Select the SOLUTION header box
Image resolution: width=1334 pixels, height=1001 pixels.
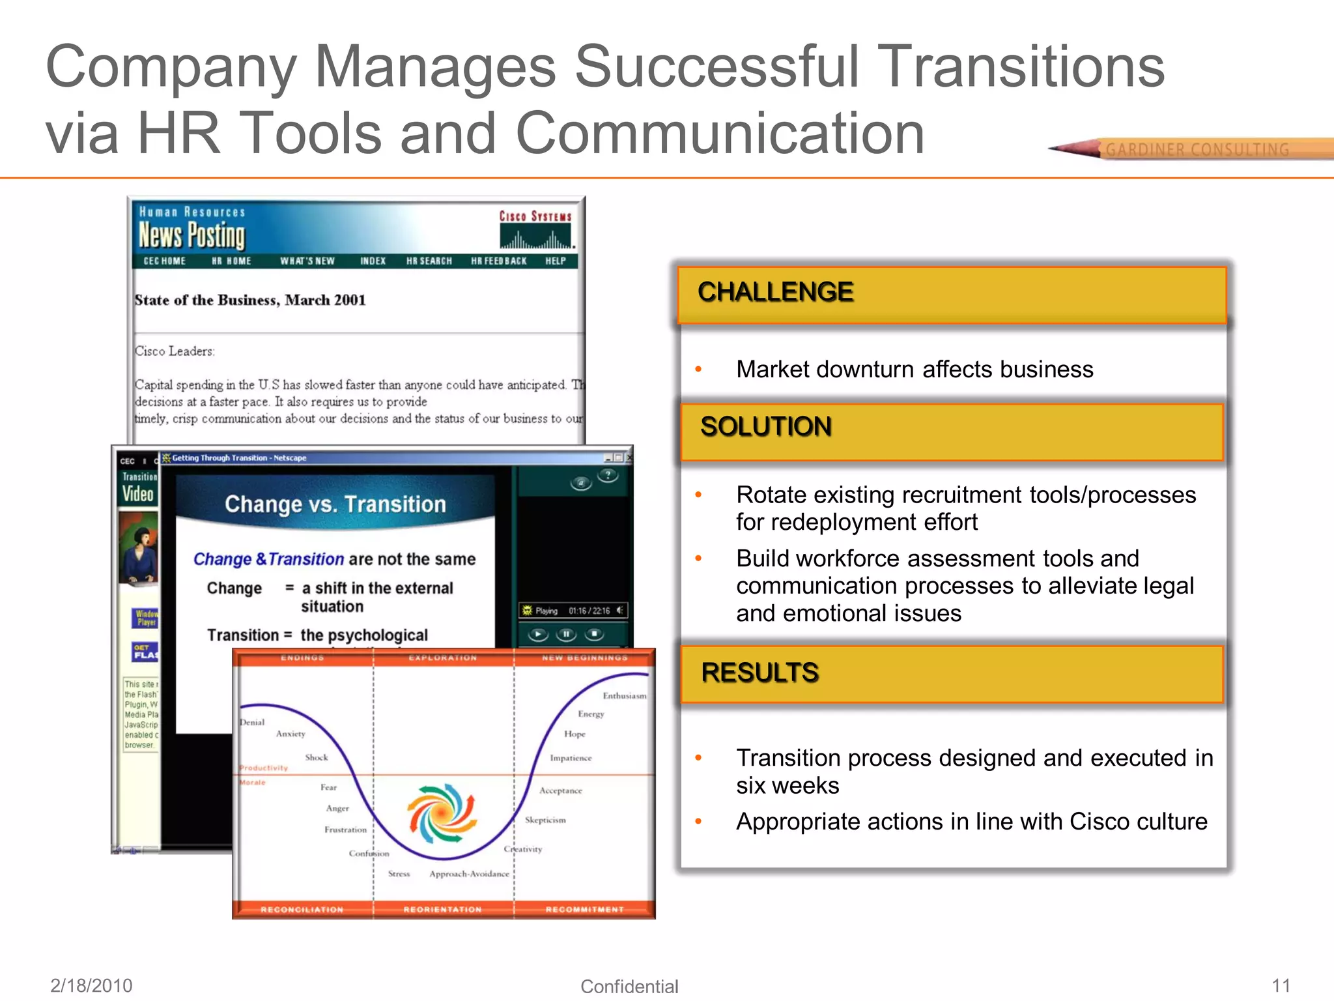[951, 431]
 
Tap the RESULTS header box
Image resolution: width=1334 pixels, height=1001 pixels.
[951, 674]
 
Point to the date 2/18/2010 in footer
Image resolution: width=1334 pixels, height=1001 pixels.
[91, 985]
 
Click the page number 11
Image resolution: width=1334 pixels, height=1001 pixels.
[1281, 985]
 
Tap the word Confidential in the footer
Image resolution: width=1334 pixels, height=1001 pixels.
[629, 986]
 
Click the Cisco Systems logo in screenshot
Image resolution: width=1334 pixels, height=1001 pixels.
[535, 229]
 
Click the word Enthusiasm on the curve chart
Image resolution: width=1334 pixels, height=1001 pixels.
[624, 696]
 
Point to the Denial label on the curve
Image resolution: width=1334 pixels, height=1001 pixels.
[252, 722]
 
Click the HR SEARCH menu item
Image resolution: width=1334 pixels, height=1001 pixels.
[429, 261]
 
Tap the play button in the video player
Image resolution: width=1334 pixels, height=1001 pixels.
[538, 634]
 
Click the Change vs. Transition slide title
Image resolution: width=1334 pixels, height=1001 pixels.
[335, 504]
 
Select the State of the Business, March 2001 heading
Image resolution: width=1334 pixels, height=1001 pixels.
[250, 300]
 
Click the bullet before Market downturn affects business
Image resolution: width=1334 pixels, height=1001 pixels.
[698, 370]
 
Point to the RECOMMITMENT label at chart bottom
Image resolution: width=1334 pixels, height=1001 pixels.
[584, 909]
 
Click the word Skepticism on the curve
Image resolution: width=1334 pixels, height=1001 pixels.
[545, 820]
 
